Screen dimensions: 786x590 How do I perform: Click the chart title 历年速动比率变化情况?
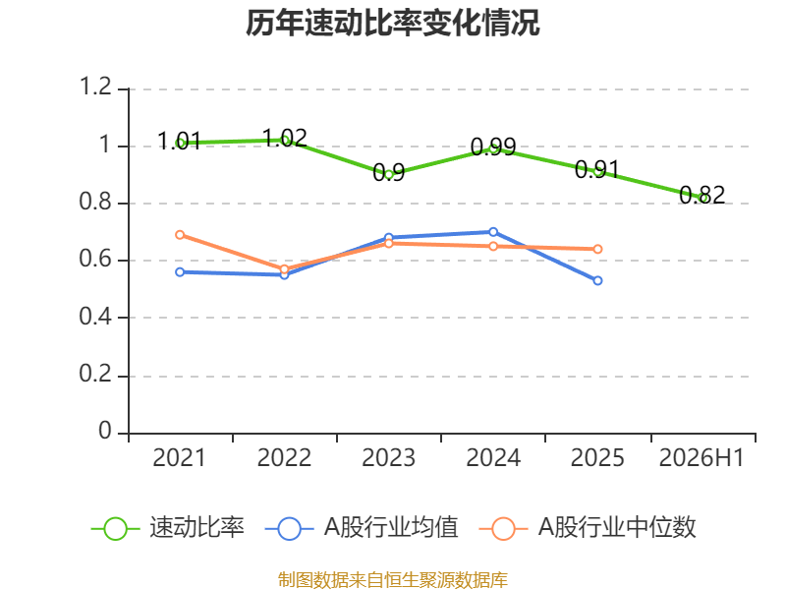point(392,23)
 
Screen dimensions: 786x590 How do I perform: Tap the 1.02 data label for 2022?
point(284,138)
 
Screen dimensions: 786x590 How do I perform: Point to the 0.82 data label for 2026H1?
point(702,195)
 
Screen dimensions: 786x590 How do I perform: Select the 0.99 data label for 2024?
point(493,147)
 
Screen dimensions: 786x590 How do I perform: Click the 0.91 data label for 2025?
point(597,169)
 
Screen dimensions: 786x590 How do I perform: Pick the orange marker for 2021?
point(180,235)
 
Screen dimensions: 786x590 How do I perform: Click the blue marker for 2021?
point(180,272)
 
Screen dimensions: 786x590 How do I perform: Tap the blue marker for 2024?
point(493,232)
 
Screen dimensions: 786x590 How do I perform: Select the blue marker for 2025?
point(597,280)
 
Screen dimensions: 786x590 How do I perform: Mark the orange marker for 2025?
point(597,249)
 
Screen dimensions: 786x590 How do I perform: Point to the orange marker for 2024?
point(493,247)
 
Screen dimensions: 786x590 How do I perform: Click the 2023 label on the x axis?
point(388,458)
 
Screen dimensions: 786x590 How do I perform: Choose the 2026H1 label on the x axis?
point(702,458)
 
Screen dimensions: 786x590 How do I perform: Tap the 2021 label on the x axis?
point(180,458)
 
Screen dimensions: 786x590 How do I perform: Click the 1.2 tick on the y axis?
point(95,87)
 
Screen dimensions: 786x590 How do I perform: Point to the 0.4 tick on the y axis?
point(95,317)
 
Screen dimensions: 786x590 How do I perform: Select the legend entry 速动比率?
point(168,528)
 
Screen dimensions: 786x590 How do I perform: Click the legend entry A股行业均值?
point(362,528)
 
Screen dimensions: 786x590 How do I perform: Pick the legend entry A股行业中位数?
point(588,528)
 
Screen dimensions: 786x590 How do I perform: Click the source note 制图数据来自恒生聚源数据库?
point(392,580)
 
